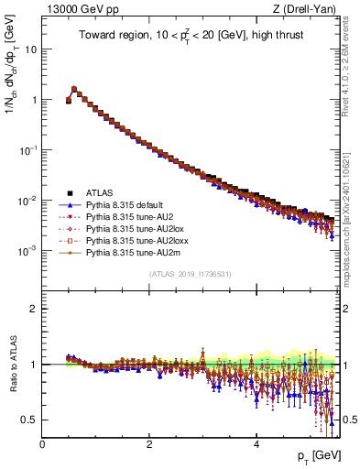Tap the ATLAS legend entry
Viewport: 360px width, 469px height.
pyautogui.click(x=101, y=192)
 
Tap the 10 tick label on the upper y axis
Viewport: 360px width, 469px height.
pyautogui.click(x=29, y=49)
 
